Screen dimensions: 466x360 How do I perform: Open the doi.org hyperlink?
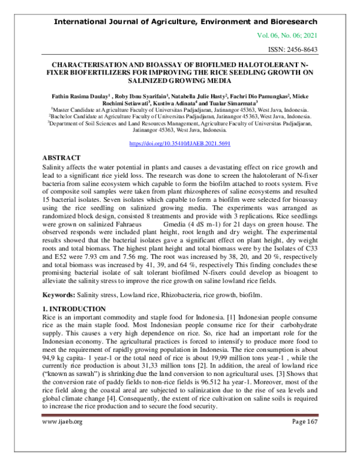coord(180,144)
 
